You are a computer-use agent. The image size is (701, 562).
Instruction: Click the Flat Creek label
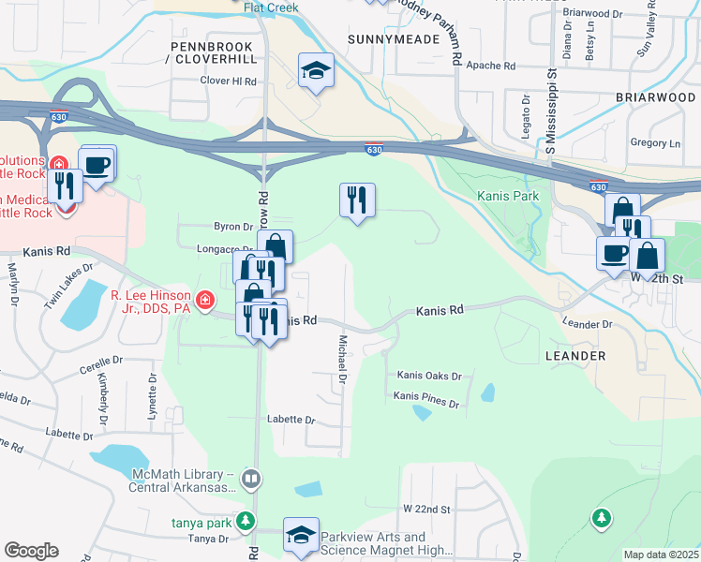click(x=271, y=7)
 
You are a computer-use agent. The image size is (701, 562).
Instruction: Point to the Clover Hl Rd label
click(x=229, y=81)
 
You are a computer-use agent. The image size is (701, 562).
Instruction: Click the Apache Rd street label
click(x=496, y=67)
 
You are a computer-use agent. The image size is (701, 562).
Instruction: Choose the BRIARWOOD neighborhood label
click(x=657, y=96)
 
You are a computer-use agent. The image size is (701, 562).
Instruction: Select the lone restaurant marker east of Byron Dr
click(x=357, y=200)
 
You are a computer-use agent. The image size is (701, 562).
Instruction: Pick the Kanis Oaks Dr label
click(x=429, y=376)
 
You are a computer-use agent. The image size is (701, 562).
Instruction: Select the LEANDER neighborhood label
click(x=574, y=356)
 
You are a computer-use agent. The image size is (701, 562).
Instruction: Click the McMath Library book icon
click(x=250, y=480)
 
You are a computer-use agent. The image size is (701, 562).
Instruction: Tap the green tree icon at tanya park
click(x=246, y=520)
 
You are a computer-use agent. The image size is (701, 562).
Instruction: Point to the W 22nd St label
click(x=427, y=509)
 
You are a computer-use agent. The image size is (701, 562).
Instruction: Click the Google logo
click(x=31, y=550)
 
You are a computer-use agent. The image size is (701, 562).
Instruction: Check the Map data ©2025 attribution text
click(x=661, y=555)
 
